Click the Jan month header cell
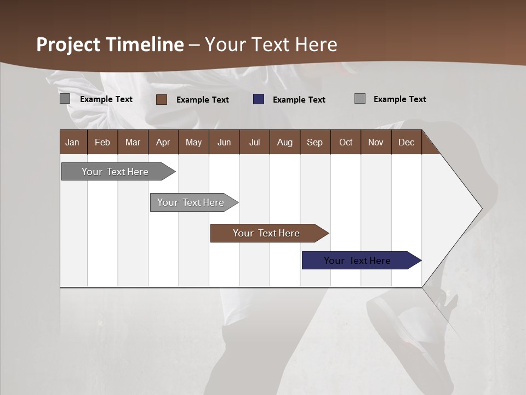[73, 142]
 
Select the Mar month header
[133, 142]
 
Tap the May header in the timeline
[193, 142]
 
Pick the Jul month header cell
[254, 142]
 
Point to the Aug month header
[284, 142]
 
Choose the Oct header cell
[345, 142]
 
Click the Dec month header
[406, 142]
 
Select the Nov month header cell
[375, 142]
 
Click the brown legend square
[162, 99]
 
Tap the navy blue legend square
[259, 99]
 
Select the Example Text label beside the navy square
[299, 99]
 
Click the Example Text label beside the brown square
[202, 99]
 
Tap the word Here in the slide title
[316, 44]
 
